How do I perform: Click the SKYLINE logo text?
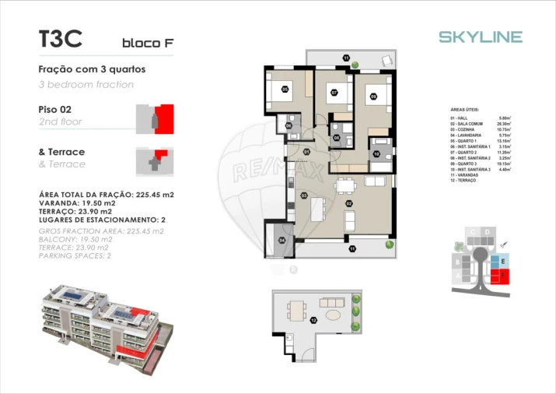tap(480, 37)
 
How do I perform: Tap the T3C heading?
tap(60, 38)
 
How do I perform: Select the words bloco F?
tap(147, 43)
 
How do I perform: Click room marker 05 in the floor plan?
tap(285, 90)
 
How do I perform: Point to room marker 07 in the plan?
tap(334, 93)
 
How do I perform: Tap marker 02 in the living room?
tap(349, 204)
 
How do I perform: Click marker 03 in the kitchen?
tap(303, 195)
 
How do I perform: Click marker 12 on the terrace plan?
tap(313, 320)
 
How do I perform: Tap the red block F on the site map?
tap(503, 275)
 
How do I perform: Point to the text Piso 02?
tap(54, 110)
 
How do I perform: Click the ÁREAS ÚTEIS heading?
tap(466, 110)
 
